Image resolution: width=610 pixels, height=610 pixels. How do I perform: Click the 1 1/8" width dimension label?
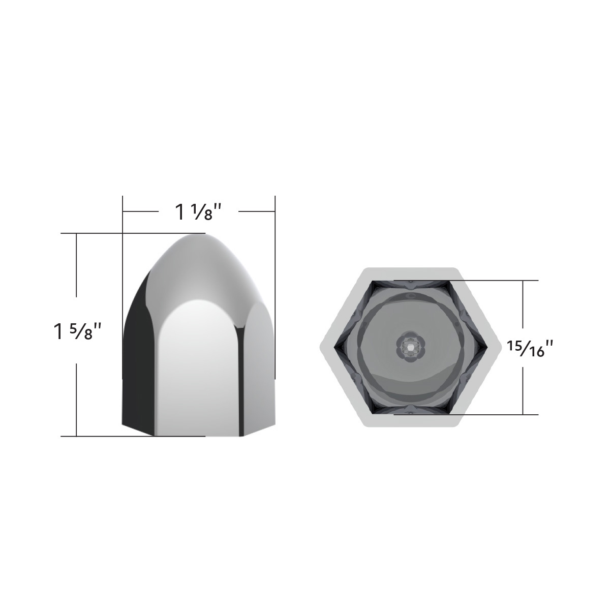point(199,211)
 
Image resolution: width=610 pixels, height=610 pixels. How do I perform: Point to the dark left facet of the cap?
point(138,356)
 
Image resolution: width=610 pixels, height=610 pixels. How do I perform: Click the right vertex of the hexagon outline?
point(499,347)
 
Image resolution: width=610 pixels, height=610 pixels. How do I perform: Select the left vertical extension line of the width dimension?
point(123,219)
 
